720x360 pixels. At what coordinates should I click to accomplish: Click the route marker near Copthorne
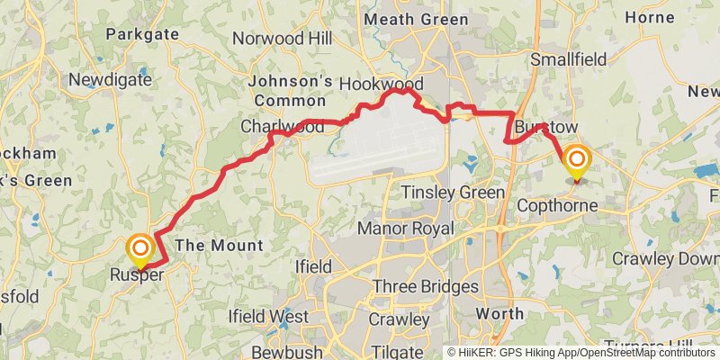click(x=576, y=162)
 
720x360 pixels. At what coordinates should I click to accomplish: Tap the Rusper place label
click(x=137, y=275)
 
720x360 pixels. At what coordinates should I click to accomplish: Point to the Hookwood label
click(x=381, y=84)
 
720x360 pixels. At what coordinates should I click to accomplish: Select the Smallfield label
click(x=569, y=58)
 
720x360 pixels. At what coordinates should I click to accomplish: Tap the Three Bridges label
click(x=425, y=287)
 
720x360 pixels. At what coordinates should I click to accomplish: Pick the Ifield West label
click(x=268, y=317)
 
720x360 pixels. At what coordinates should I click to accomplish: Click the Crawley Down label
click(x=665, y=258)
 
